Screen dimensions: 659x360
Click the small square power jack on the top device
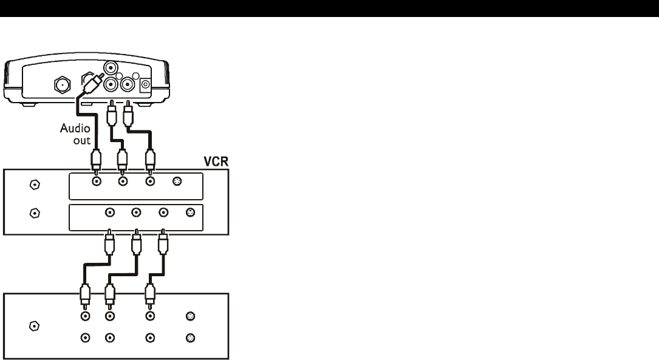[x=145, y=86]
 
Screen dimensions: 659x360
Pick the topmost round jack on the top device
[x=111, y=67]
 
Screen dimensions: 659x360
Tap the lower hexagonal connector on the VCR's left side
[x=35, y=212]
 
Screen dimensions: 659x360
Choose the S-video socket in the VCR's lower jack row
[x=190, y=212]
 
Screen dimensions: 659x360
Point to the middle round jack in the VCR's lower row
[x=136, y=212]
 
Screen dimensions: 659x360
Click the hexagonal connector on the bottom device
[x=35, y=326]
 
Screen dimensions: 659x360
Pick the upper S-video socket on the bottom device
[x=190, y=316]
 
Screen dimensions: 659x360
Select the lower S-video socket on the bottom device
[x=190, y=338]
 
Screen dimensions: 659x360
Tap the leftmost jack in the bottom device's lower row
[x=86, y=338]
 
